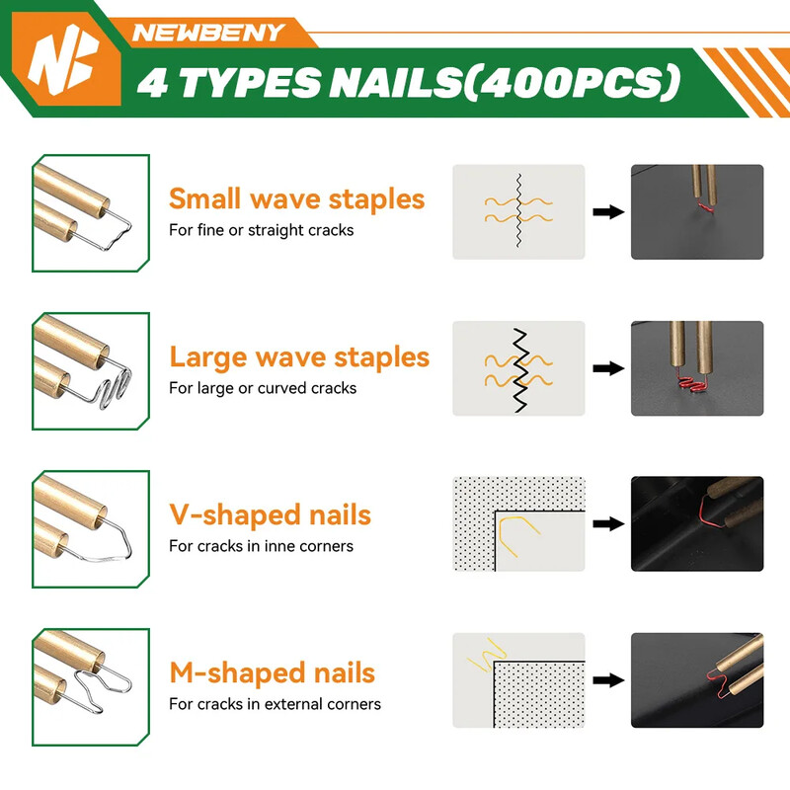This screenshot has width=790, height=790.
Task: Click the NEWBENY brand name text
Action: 208,33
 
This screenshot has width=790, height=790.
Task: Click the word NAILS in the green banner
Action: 396,82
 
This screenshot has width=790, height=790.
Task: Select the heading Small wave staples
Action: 297,198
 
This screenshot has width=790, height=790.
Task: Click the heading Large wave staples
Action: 299,357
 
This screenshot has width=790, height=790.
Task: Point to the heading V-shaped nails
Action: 270,514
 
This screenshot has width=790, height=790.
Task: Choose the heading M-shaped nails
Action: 273,672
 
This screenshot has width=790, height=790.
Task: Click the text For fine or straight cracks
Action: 261,230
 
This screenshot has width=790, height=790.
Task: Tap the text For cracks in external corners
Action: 275,704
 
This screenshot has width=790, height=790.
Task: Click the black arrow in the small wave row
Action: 608,211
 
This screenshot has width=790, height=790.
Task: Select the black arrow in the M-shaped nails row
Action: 608,680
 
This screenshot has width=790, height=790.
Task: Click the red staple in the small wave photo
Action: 705,207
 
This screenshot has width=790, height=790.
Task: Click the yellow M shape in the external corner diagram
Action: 485,655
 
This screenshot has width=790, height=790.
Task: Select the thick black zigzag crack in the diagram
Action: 520,370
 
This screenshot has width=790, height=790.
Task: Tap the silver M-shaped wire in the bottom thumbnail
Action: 101,687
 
